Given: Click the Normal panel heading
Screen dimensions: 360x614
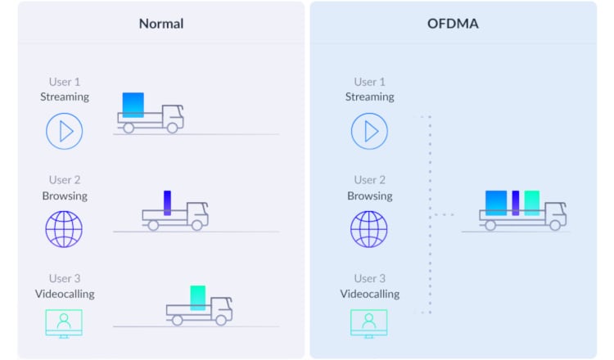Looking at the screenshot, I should (161, 24).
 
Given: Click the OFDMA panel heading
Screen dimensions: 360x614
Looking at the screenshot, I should (453, 24).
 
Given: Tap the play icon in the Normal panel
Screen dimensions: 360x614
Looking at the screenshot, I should (64, 131).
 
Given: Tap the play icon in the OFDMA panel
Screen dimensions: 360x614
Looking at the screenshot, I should (369, 131).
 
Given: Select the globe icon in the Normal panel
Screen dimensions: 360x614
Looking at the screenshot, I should (64, 229).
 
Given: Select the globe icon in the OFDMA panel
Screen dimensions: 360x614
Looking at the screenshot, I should (369, 229).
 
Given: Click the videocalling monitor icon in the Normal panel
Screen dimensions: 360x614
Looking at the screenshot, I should (64, 322).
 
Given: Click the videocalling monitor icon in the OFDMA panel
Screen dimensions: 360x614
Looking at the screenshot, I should (369, 322).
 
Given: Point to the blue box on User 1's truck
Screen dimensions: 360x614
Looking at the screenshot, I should (133, 105).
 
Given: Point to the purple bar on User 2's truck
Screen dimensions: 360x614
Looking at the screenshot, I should (167, 202).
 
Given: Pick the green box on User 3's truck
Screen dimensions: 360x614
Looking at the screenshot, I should (197, 297).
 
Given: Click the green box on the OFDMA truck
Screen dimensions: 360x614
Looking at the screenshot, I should (532, 203).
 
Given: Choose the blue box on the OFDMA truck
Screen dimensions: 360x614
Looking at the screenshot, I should (496, 203).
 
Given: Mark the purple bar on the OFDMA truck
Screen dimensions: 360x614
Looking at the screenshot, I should (516, 203).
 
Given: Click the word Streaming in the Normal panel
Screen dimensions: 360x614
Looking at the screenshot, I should (65, 97).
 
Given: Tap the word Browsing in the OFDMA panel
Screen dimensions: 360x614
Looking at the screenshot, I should (369, 196).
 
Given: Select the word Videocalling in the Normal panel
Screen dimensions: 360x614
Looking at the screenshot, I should (65, 294).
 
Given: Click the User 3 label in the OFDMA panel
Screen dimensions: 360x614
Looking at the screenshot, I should (369, 278).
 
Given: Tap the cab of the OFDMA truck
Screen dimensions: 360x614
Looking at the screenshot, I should (554, 214).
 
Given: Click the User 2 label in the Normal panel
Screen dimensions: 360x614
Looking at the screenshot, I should (65, 180).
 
